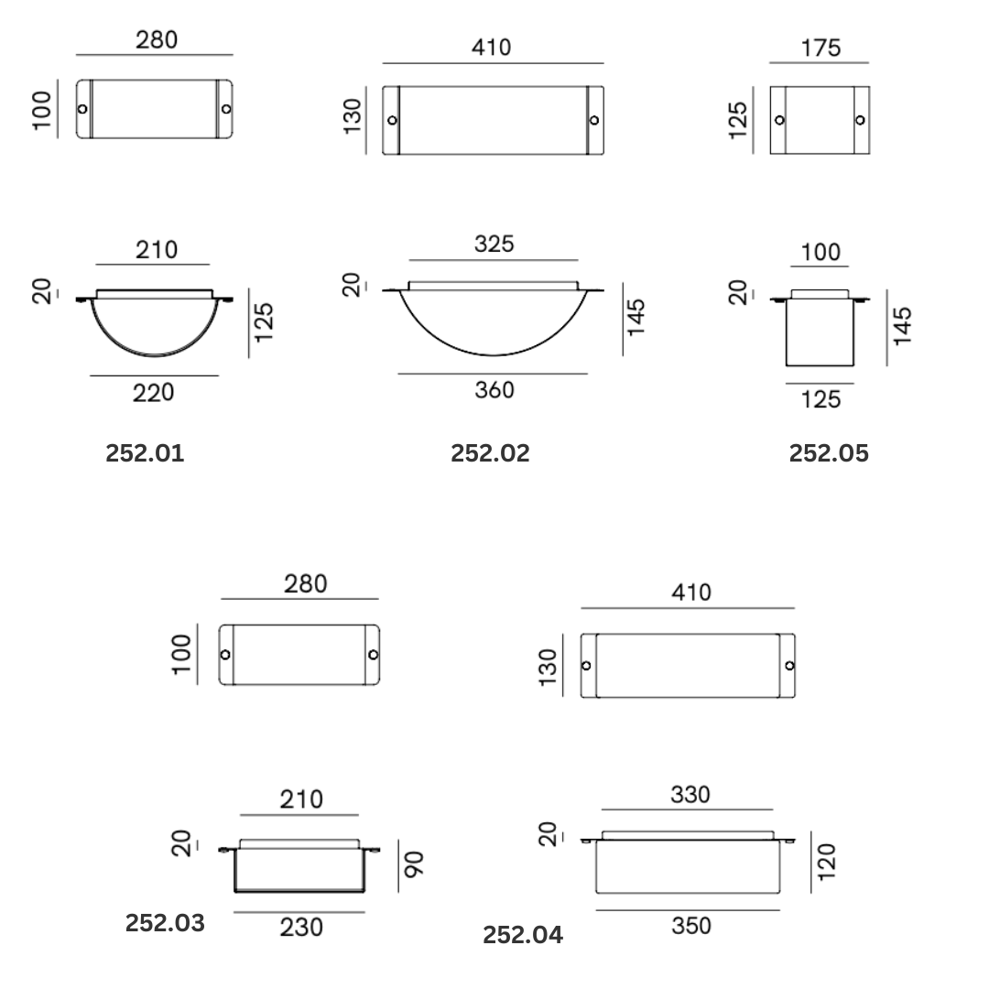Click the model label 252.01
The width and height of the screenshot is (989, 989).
pos(145,453)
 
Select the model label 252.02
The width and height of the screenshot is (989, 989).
pos(490,453)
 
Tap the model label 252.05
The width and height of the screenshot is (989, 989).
pos(829,453)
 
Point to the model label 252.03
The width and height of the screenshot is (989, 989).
pos(165,923)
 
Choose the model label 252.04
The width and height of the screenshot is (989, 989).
pos(523,935)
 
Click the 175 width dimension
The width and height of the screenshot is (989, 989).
pos(821,49)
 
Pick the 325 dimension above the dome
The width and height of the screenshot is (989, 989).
pos(494,245)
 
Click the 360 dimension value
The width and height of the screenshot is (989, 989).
pos(494,390)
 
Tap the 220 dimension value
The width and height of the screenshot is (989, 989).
pos(153,393)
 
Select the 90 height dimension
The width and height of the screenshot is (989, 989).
pos(415,864)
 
